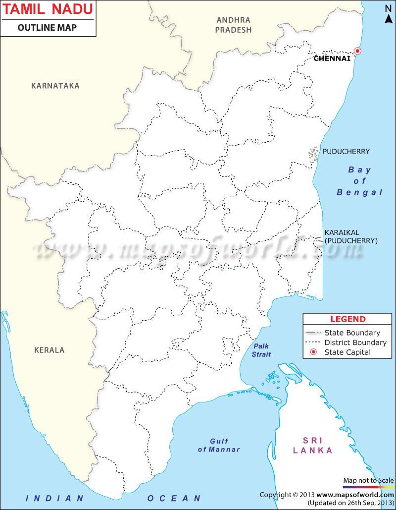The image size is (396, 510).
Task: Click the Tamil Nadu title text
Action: pyautogui.click(x=48, y=9)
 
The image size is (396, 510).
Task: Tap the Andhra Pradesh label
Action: pyautogui.click(x=234, y=25)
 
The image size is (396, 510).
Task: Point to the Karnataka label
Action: pyautogui.click(x=55, y=86)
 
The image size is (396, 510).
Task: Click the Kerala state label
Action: pyautogui.click(x=49, y=350)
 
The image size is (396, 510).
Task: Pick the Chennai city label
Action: pyautogui.click(x=332, y=58)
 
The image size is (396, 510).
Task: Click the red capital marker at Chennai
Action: pyautogui.click(x=357, y=51)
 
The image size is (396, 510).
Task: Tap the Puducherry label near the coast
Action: pyautogui.click(x=346, y=151)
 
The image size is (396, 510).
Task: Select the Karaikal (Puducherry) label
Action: pyautogui.click(x=350, y=236)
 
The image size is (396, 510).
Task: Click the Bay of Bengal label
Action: pyautogui.click(x=360, y=181)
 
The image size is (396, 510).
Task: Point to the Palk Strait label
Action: pyautogui.click(x=261, y=350)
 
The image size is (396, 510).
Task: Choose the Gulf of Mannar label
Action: pyautogui.click(x=219, y=445)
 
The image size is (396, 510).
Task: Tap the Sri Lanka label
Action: pyautogui.click(x=312, y=445)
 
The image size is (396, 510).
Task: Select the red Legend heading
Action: pyautogui.click(x=347, y=319)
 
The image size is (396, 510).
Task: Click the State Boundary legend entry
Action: pyautogui.click(x=352, y=333)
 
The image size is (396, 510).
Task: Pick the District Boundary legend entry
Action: pyautogui.click(x=355, y=342)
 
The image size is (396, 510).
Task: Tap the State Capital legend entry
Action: pyautogui.click(x=347, y=352)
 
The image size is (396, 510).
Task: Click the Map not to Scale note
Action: pyautogui.click(x=368, y=480)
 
